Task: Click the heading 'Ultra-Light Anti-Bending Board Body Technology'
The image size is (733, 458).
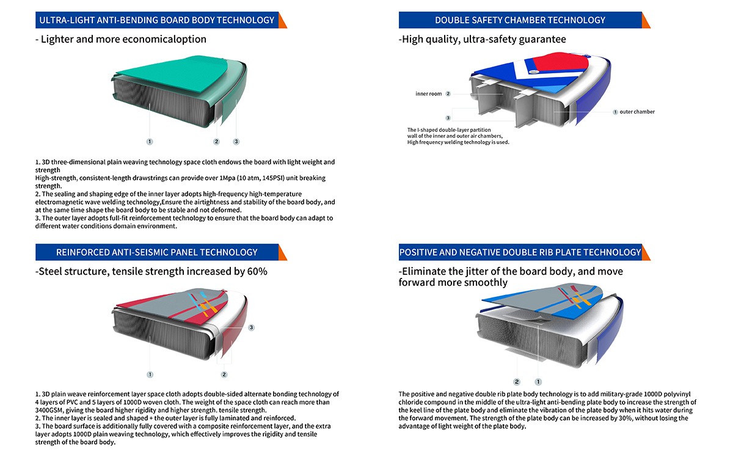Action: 157,20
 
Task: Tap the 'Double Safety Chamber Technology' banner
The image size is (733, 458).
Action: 520,20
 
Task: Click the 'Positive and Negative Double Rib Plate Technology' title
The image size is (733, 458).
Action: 520,252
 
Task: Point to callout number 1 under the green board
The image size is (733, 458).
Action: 150,142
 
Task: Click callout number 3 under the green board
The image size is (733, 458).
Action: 236,142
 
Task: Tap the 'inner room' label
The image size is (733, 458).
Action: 429,94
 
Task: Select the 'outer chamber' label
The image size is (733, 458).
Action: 637,112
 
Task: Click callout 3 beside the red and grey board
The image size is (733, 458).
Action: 251,327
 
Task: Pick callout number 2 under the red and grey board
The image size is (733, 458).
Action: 224,374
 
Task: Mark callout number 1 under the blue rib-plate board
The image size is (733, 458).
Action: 538,382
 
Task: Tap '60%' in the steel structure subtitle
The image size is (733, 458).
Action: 257,272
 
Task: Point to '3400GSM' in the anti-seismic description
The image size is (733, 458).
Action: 49,410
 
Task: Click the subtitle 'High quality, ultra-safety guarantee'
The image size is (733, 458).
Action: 483,39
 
